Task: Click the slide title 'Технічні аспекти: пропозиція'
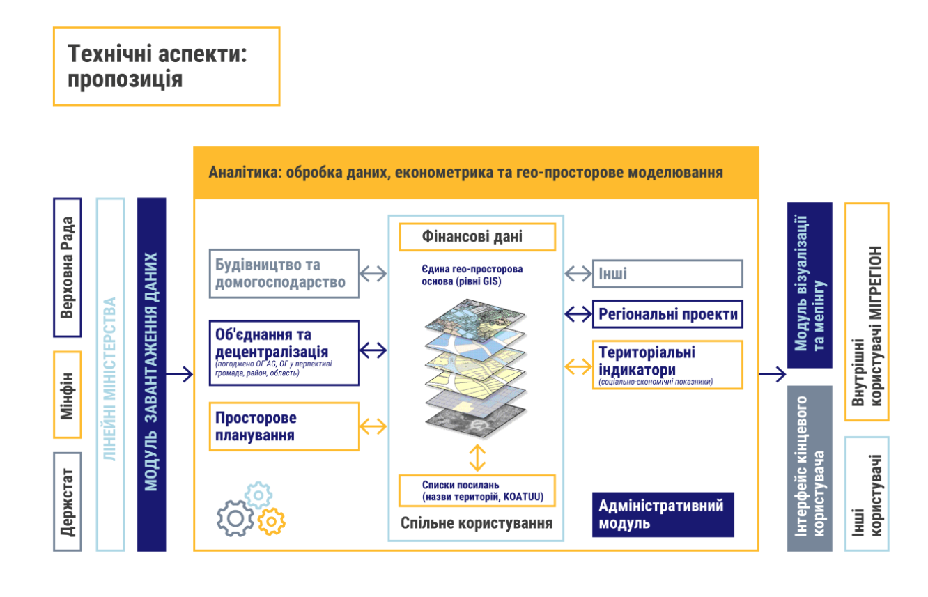click(166, 66)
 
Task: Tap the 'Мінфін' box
click(68, 394)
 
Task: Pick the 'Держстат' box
click(68, 502)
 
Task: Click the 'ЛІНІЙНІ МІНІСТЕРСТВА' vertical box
click(110, 374)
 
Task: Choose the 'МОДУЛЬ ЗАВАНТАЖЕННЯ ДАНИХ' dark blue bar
click(152, 374)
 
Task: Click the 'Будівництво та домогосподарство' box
click(284, 274)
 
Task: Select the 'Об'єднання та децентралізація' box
click(284, 352)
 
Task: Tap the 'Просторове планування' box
click(284, 426)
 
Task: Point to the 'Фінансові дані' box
click(477, 237)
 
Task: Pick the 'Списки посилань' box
click(477, 490)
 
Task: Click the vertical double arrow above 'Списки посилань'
click(477, 457)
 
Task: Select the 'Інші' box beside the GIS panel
click(667, 274)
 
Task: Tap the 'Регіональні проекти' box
click(667, 314)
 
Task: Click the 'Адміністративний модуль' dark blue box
click(663, 514)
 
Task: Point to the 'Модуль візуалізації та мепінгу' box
click(809, 285)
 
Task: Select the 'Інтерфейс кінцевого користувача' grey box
click(809, 468)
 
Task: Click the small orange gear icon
click(271, 520)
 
